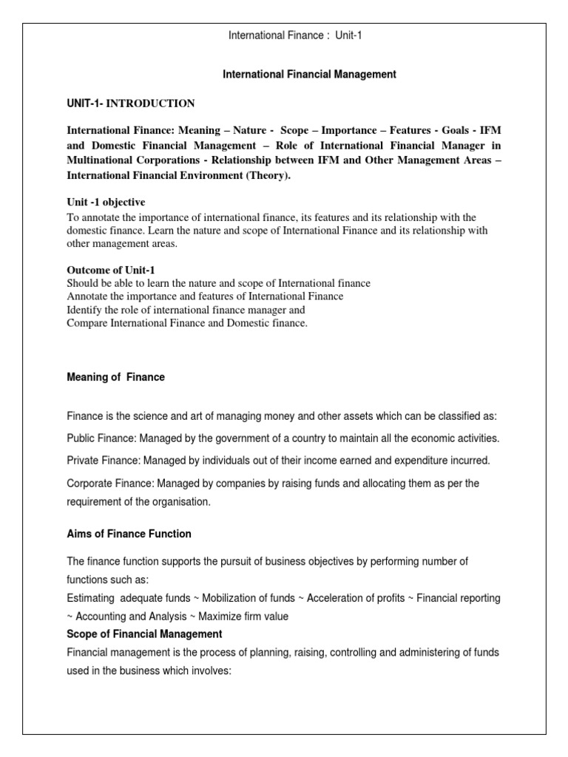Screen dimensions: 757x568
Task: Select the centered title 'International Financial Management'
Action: (310, 75)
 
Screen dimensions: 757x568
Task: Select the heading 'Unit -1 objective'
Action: (106, 203)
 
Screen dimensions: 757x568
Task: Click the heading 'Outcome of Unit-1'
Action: (111, 269)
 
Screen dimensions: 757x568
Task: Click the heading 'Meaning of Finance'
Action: (115, 377)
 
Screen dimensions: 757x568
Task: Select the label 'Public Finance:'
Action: (101, 438)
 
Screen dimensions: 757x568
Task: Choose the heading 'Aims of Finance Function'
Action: (129, 534)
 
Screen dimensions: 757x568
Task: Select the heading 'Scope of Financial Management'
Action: (144, 634)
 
